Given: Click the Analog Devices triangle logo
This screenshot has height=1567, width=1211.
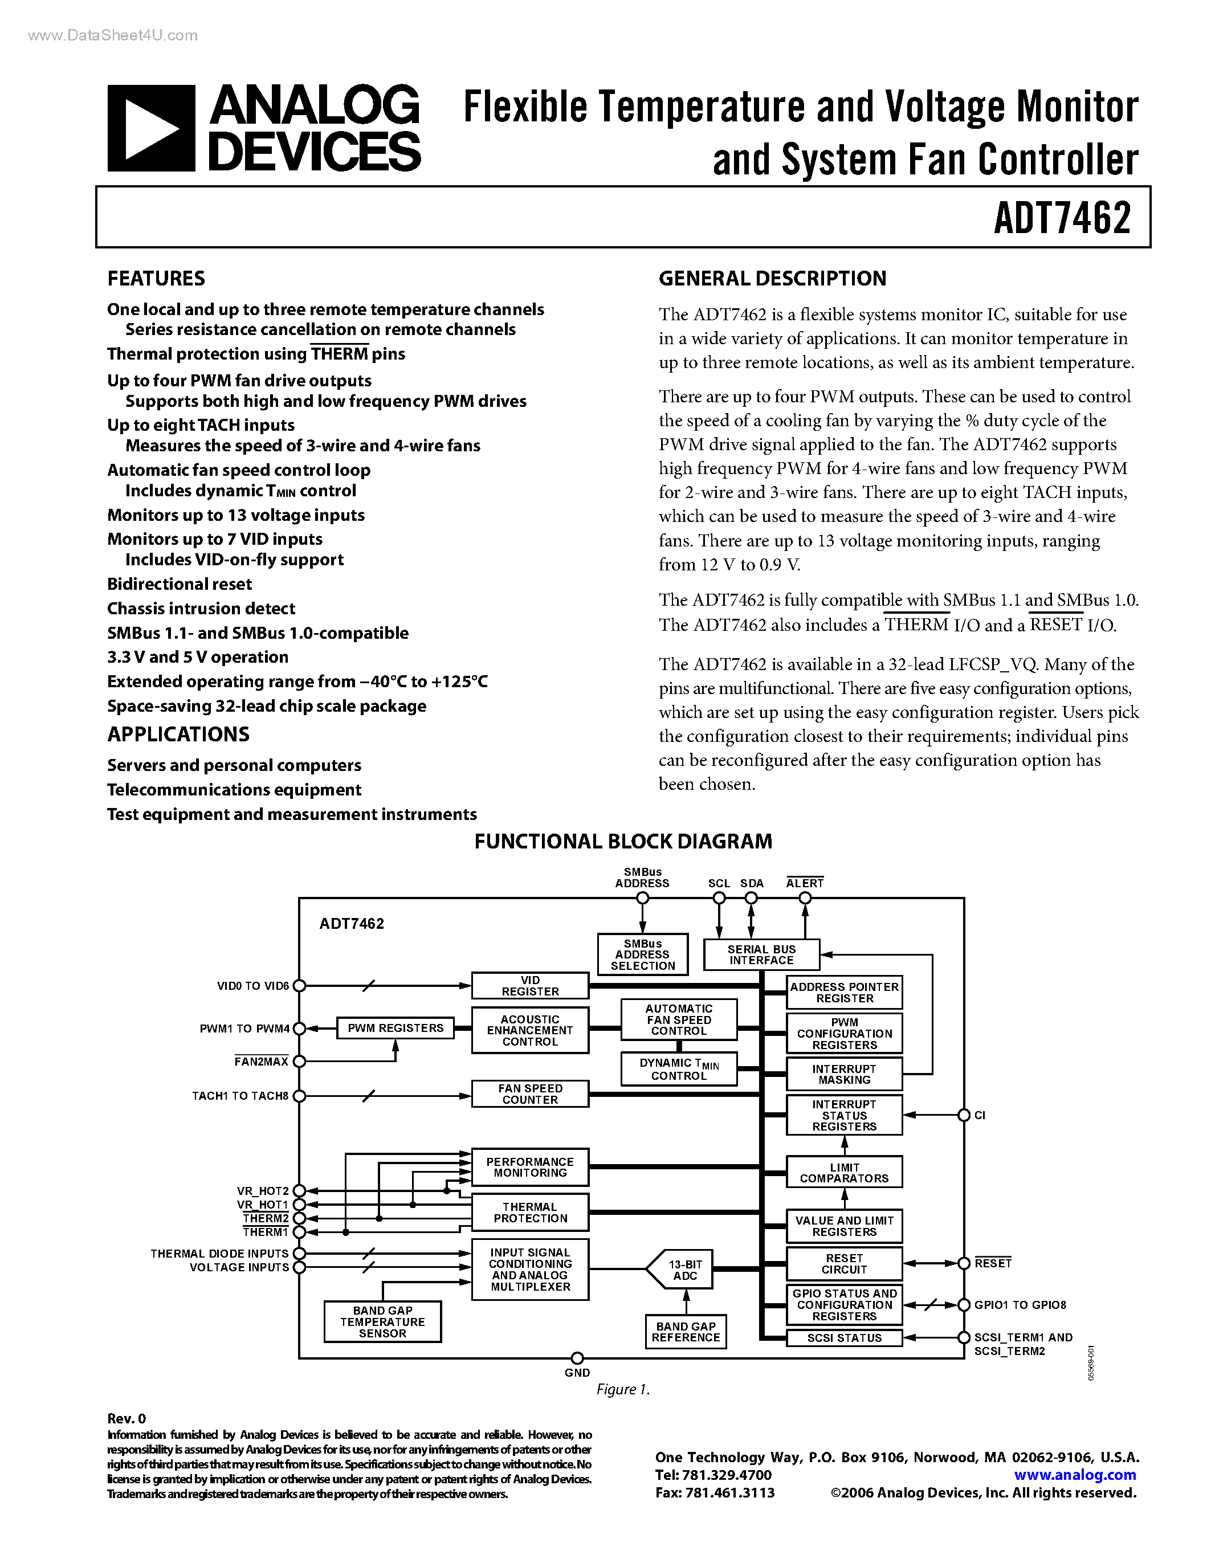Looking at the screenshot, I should pos(152,128).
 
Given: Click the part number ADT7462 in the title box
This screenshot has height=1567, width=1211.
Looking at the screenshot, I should pos(1062,218).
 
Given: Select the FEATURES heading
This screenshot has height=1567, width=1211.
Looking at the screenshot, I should pos(156,279).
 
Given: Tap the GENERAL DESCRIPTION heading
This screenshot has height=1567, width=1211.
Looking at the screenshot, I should pos(772,279).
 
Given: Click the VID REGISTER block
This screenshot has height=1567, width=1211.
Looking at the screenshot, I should pos(530,986).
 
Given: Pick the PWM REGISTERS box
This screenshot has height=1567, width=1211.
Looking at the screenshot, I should pos(395,1028).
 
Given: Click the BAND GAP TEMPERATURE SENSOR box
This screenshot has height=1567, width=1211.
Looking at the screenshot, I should pos(382,1321).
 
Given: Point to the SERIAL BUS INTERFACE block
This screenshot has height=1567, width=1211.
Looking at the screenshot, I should pos(761,954).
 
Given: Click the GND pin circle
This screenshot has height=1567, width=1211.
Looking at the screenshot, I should pos(577,1358).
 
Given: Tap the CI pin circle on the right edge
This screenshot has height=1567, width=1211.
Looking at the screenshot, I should pos(964,1115).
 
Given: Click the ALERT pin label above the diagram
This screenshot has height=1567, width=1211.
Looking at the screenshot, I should pos(804,883).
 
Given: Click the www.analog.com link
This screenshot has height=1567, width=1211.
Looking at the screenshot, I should pos(1075,1475).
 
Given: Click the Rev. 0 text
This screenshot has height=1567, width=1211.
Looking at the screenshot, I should pos(127,1418).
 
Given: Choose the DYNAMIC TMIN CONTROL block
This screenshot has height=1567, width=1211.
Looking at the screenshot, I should pos(679,1069).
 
